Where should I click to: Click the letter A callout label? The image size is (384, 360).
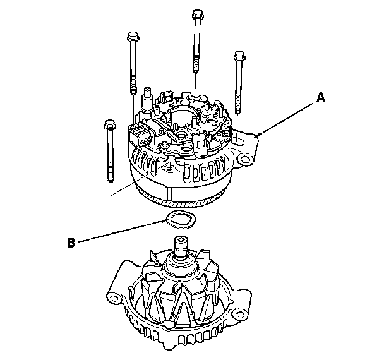320,97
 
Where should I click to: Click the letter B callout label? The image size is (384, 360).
71,241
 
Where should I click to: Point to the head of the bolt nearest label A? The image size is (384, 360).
239,56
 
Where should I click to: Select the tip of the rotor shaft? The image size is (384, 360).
182,241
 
